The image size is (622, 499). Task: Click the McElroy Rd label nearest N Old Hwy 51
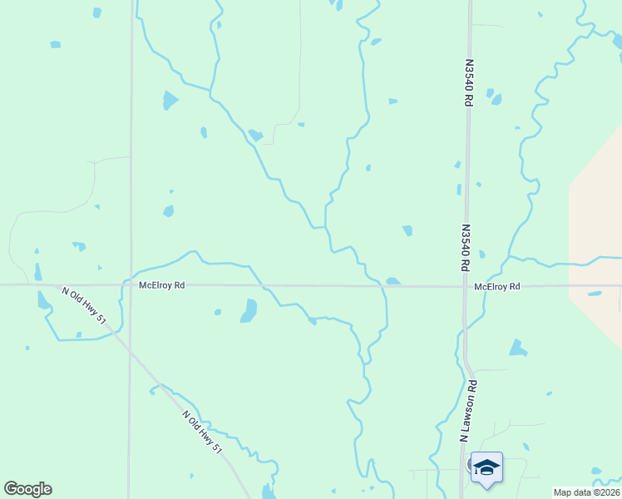point(161,285)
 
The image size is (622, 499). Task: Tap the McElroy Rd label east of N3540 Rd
point(497,286)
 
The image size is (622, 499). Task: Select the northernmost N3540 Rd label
point(469,81)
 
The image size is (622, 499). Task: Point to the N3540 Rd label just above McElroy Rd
point(466,247)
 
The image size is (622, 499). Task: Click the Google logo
point(27,489)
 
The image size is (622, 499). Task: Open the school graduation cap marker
point(486,467)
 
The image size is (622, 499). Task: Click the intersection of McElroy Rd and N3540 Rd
point(465,286)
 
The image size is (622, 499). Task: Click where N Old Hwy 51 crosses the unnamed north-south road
point(129,350)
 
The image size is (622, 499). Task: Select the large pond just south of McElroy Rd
point(249,310)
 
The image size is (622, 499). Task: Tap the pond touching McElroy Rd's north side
point(392,281)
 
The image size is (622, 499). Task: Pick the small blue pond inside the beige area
point(595,294)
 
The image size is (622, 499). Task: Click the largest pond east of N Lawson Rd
point(518,348)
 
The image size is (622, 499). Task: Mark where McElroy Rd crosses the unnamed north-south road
point(130,285)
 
